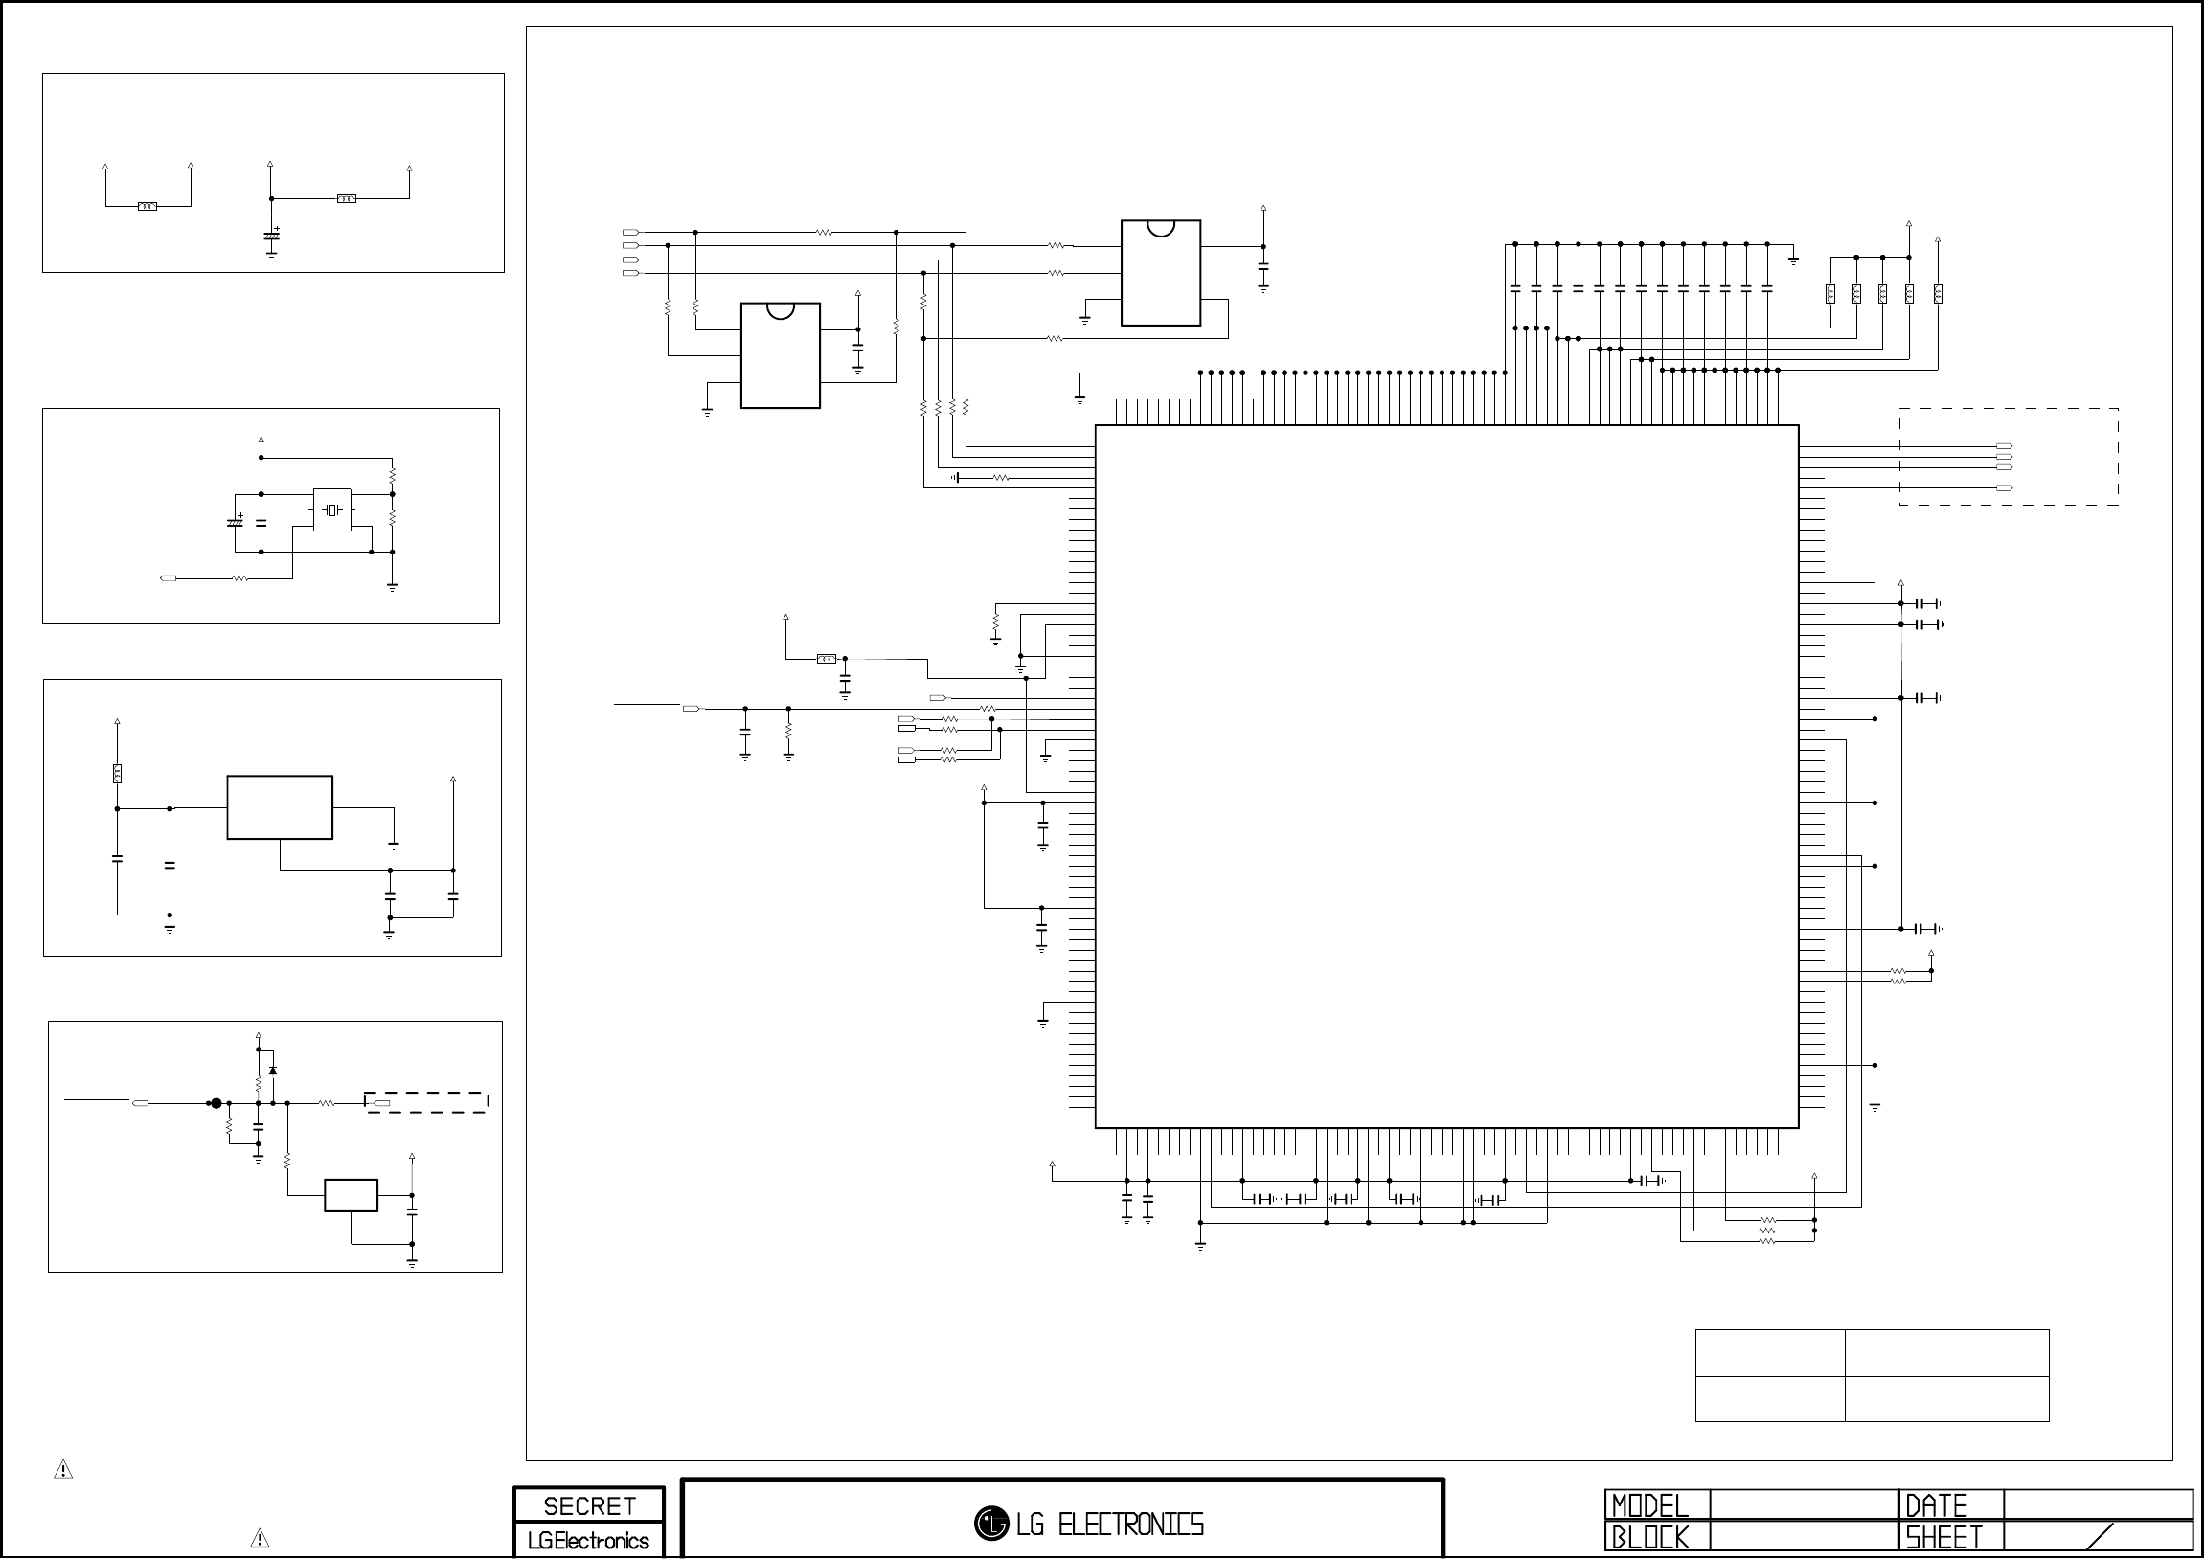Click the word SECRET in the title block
tap(589, 1505)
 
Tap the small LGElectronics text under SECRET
tap(588, 1541)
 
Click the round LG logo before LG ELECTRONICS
tap(990, 1524)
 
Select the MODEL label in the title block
tap(1649, 1505)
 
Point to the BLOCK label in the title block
tap(1649, 1538)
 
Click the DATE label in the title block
tap(1936, 1505)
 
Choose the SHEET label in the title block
tap(1943, 1538)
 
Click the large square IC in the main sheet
tap(1446, 777)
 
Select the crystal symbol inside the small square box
tap(332, 509)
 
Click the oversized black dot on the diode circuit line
tap(216, 1104)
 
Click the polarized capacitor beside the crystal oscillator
tap(235, 521)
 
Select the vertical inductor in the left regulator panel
tap(117, 773)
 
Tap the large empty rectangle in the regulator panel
tap(280, 807)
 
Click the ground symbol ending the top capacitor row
tap(1793, 260)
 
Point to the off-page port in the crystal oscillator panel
tap(168, 578)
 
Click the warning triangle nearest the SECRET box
tap(260, 1538)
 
